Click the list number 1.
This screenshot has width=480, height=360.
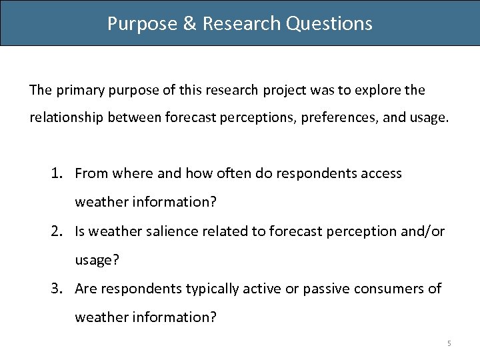57,174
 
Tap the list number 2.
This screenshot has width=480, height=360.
57,231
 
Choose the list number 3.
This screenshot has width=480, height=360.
57,289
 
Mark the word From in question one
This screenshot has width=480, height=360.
91,174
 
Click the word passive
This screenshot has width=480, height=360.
325,289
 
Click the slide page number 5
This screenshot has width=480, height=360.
449,343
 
